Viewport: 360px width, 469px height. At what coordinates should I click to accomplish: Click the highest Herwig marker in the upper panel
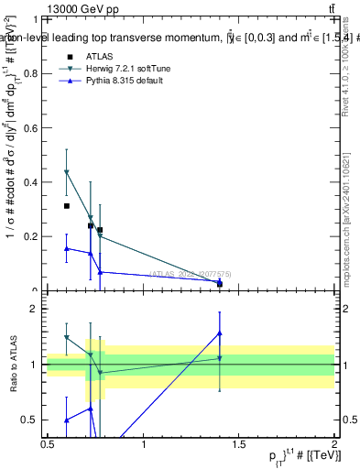[x=67, y=172]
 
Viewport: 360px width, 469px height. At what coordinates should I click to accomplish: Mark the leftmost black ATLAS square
[x=67, y=206]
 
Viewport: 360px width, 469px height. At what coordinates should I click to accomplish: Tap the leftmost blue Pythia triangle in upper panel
[x=67, y=248]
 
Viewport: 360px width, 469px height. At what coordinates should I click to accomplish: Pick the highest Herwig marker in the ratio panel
[x=67, y=337]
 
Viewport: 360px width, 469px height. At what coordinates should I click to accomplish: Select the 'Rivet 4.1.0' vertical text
[x=345, y=69]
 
